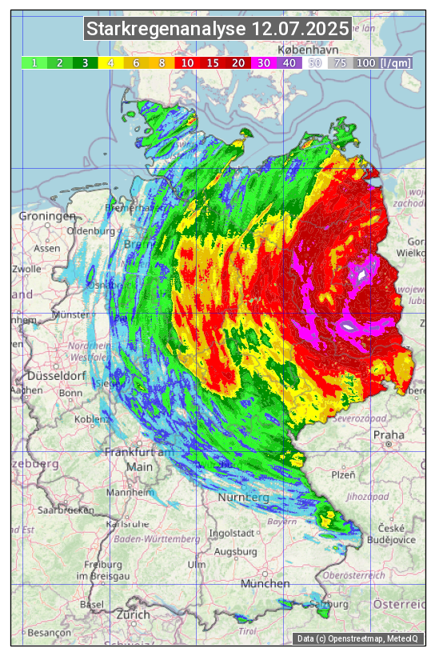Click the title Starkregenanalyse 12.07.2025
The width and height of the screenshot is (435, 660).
217,30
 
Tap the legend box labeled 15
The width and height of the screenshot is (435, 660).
213,62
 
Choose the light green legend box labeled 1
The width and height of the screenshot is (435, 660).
34,62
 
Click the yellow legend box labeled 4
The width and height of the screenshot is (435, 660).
111,62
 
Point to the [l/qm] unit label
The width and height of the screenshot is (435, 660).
396,62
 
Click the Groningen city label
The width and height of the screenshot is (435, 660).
47,217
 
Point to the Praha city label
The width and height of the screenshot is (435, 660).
389,435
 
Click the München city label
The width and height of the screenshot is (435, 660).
265,584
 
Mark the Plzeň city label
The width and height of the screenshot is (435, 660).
343,474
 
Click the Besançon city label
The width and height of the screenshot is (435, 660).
49,632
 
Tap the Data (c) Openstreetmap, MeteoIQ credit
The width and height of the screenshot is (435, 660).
359,638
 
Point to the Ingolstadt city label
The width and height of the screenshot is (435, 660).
231,533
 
